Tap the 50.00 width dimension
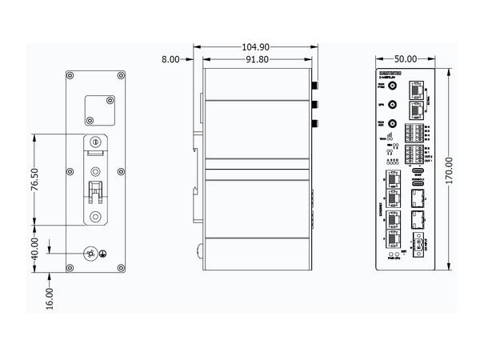click(x=406, y=59)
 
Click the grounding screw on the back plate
click(x=92, y=254)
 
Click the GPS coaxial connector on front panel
click(x=391, y=104)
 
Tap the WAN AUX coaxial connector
click(x=391, y=125)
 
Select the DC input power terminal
click(x=418, y=246)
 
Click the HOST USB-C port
click(x=418, y=171)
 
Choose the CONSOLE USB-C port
click(x=418, y=183)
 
